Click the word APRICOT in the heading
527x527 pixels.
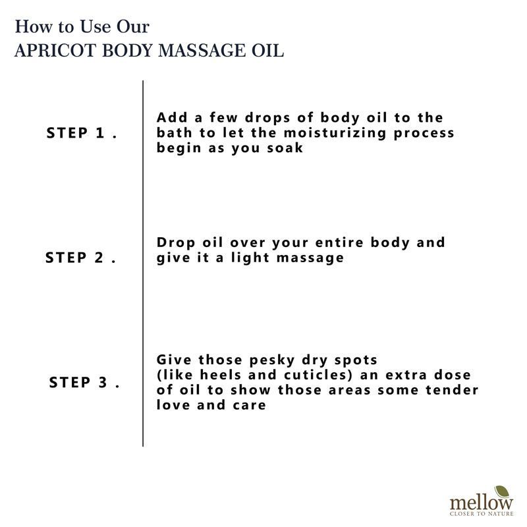coord(55,51)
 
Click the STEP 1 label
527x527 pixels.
coord(82,133)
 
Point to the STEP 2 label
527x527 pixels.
coord(80,258)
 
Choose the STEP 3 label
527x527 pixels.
coord(84,383)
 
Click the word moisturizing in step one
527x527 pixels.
coord(335,133)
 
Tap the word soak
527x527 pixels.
coord(285,148)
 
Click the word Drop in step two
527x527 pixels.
coord(176,243)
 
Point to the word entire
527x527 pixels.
coord(339,242)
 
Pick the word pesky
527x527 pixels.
coord(272,360)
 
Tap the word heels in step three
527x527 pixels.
coord(221,375)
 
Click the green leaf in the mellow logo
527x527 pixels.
coord(503,492)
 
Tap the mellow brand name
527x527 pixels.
coord(482,503)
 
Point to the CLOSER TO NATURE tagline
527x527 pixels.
coord(482,514)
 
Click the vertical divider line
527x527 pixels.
coord(143,263)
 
